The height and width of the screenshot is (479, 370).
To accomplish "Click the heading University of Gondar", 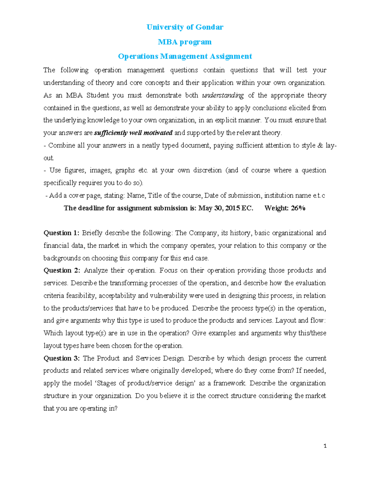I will click(x=185, y=27).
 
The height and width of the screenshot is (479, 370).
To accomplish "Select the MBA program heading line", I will click(x=185, y=42).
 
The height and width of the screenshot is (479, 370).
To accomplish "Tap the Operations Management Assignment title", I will click(x=185, y=56).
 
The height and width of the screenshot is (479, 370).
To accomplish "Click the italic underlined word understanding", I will click(x=223, y=95).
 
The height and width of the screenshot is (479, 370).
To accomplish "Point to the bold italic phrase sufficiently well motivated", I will click(x=133, y=133).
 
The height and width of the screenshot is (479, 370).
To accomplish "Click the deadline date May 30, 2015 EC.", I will click(x=225, y=208).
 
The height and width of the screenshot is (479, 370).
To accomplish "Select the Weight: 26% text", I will click(x=285, y=208).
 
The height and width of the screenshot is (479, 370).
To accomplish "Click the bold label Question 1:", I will click(x=61, y=233).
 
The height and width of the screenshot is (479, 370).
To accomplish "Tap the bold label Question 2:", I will click(x=62, y=270).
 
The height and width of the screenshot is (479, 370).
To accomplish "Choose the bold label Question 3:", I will click(x=62, y=358).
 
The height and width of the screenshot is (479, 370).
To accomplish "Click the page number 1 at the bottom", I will click(x=325, y=446).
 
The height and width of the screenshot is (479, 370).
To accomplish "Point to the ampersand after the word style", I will click(x=320, y=146).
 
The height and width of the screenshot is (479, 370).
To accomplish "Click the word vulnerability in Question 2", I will click(x=168, y=296).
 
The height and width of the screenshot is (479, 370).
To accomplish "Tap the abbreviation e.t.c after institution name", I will click(x=319, y=196).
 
